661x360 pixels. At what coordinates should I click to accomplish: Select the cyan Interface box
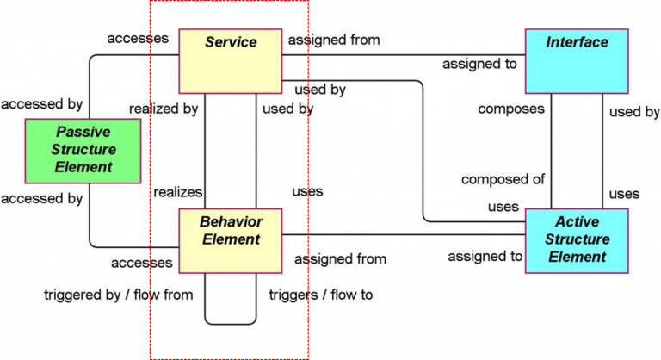click(x=577, y=60)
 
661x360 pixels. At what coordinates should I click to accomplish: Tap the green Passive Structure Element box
click(x=83, y=151)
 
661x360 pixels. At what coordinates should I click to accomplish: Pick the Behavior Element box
click(x=230, y=240)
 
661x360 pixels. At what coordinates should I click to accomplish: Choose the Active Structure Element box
click(x=577, y=239)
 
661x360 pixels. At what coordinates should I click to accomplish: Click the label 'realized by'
click(x=164, y=109)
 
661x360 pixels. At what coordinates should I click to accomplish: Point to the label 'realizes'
click(x=177, y=192)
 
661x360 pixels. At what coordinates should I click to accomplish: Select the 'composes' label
click(x=511, y=109)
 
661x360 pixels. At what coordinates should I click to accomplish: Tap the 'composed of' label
click(x=503, y=180)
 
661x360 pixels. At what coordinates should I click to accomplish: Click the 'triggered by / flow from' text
click(x=119, y=295)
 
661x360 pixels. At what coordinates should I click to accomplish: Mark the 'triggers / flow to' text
click(x=321, y=295)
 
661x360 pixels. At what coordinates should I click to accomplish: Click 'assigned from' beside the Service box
click(x=334, y=40)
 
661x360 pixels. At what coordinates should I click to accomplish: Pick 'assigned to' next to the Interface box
click(x=479, y=64)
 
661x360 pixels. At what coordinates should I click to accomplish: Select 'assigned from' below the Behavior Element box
click(x=340, y=258)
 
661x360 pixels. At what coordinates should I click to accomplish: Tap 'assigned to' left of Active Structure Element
click(x=485, y=256)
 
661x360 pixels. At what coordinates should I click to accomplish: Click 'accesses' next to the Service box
click(x=137, y=39)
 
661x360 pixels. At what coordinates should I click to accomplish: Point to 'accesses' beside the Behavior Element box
click(x=142, y=263)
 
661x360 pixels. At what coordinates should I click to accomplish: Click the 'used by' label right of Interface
click(x=634, y=112)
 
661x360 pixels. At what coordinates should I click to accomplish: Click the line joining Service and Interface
click(x=405, y=55)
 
